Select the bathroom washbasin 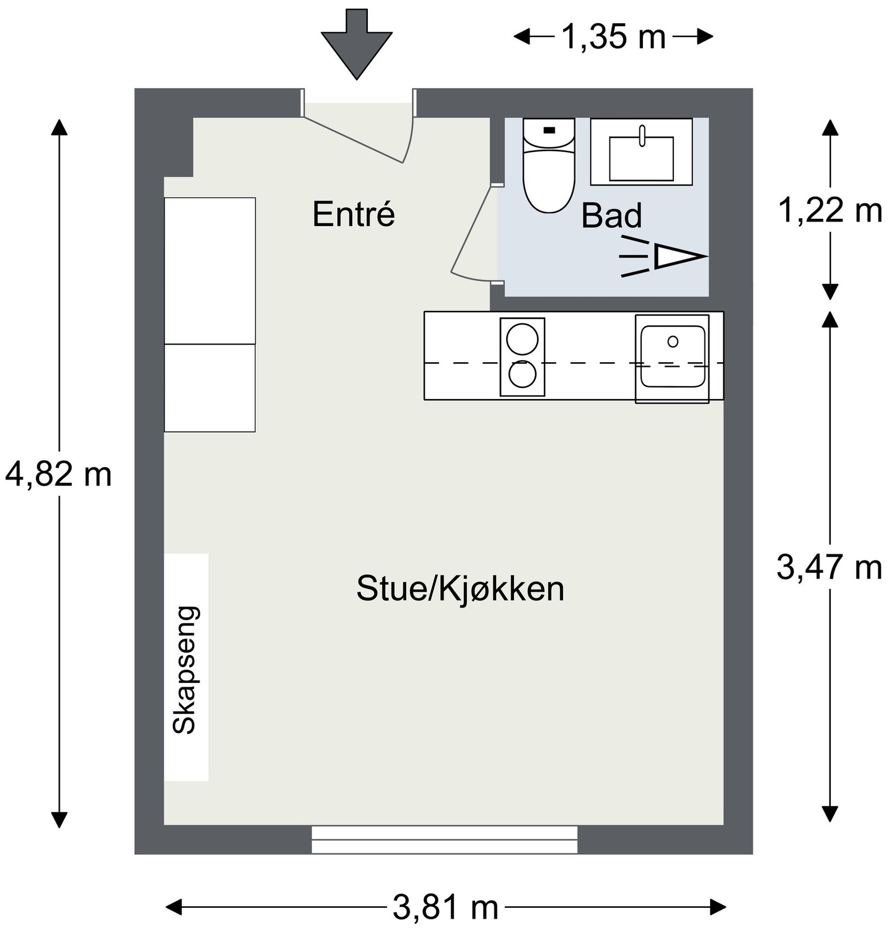coord(641,158)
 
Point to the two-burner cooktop coord(522,357)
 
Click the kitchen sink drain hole coord(673,341)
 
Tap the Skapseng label coord(185,670)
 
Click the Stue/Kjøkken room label coord(460,589)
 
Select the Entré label coord(353,214)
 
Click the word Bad coord(611,216)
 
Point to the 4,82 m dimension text coord(58,475)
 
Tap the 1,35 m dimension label coord(613,37)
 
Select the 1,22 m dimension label coord(830,211)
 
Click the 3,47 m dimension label coord(829,567)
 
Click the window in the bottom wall coord(444,839)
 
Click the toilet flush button coord(549,130)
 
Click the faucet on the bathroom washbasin coord(642,135)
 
